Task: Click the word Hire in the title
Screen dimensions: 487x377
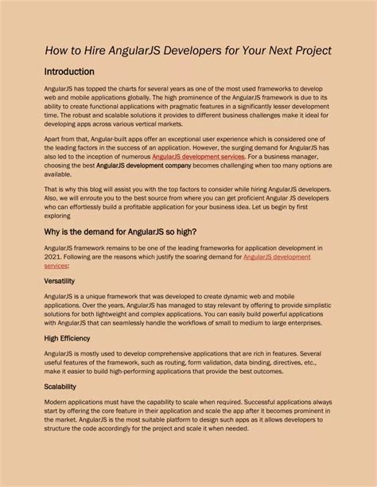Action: coord(90,50)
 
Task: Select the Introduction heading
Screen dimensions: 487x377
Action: coord(69,72)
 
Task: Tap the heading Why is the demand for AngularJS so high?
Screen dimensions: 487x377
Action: coord(120,232)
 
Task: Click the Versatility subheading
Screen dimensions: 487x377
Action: coord(60,281)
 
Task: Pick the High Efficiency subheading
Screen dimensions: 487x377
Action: coord(67,337)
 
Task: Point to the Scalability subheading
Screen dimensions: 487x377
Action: coord(60,386)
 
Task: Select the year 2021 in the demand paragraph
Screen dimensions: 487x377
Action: coord(52,256)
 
